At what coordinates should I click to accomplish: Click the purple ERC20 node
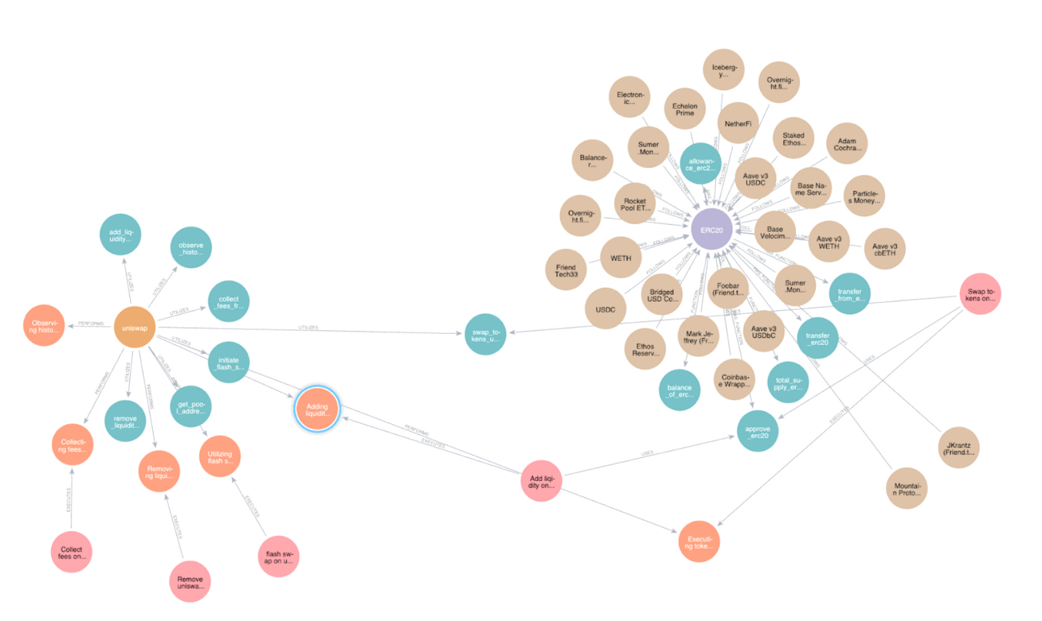(x=711, y=230)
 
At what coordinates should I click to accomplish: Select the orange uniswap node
(x=135, y=328)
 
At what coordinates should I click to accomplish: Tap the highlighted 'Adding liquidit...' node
(x=317, y=410)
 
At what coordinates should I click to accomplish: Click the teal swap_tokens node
(x=485, y=335)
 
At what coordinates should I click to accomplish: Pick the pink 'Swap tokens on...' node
(x=980, y=294)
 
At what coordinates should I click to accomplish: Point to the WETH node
(x=621, y=258)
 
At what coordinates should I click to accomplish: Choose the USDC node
(x=606, y=309)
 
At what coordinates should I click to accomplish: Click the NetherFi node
(x=738, y=124)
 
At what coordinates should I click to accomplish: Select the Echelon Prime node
(x=684, y=109)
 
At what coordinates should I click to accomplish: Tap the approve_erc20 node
(x=757, y=432)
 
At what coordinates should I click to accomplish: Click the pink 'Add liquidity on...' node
(x=542, y=481)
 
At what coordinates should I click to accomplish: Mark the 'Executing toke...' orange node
(x=699, y=542)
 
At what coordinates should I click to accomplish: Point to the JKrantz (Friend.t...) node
(x=958, y=448)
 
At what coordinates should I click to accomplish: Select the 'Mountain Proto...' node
(x=906, y=489)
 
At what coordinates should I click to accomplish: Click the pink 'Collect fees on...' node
(x=71, y=553)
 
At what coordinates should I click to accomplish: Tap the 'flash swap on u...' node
(x=279, y=557)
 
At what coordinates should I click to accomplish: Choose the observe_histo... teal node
(x=191, y=248)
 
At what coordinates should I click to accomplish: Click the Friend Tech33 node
(x=566, y=270)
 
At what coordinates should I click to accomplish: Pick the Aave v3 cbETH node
(x=884, y=249)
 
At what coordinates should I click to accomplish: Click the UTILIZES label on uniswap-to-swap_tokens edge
(x=308, y=327)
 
